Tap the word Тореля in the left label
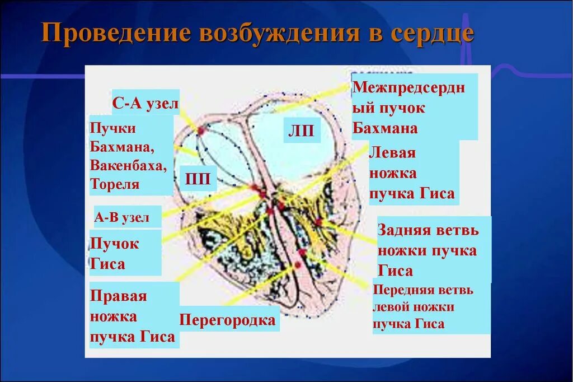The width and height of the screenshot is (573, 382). point(115,184)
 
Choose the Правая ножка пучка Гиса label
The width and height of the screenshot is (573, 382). point(132,316)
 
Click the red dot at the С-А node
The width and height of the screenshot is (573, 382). point(200,130)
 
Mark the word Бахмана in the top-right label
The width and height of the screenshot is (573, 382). point(385,128)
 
